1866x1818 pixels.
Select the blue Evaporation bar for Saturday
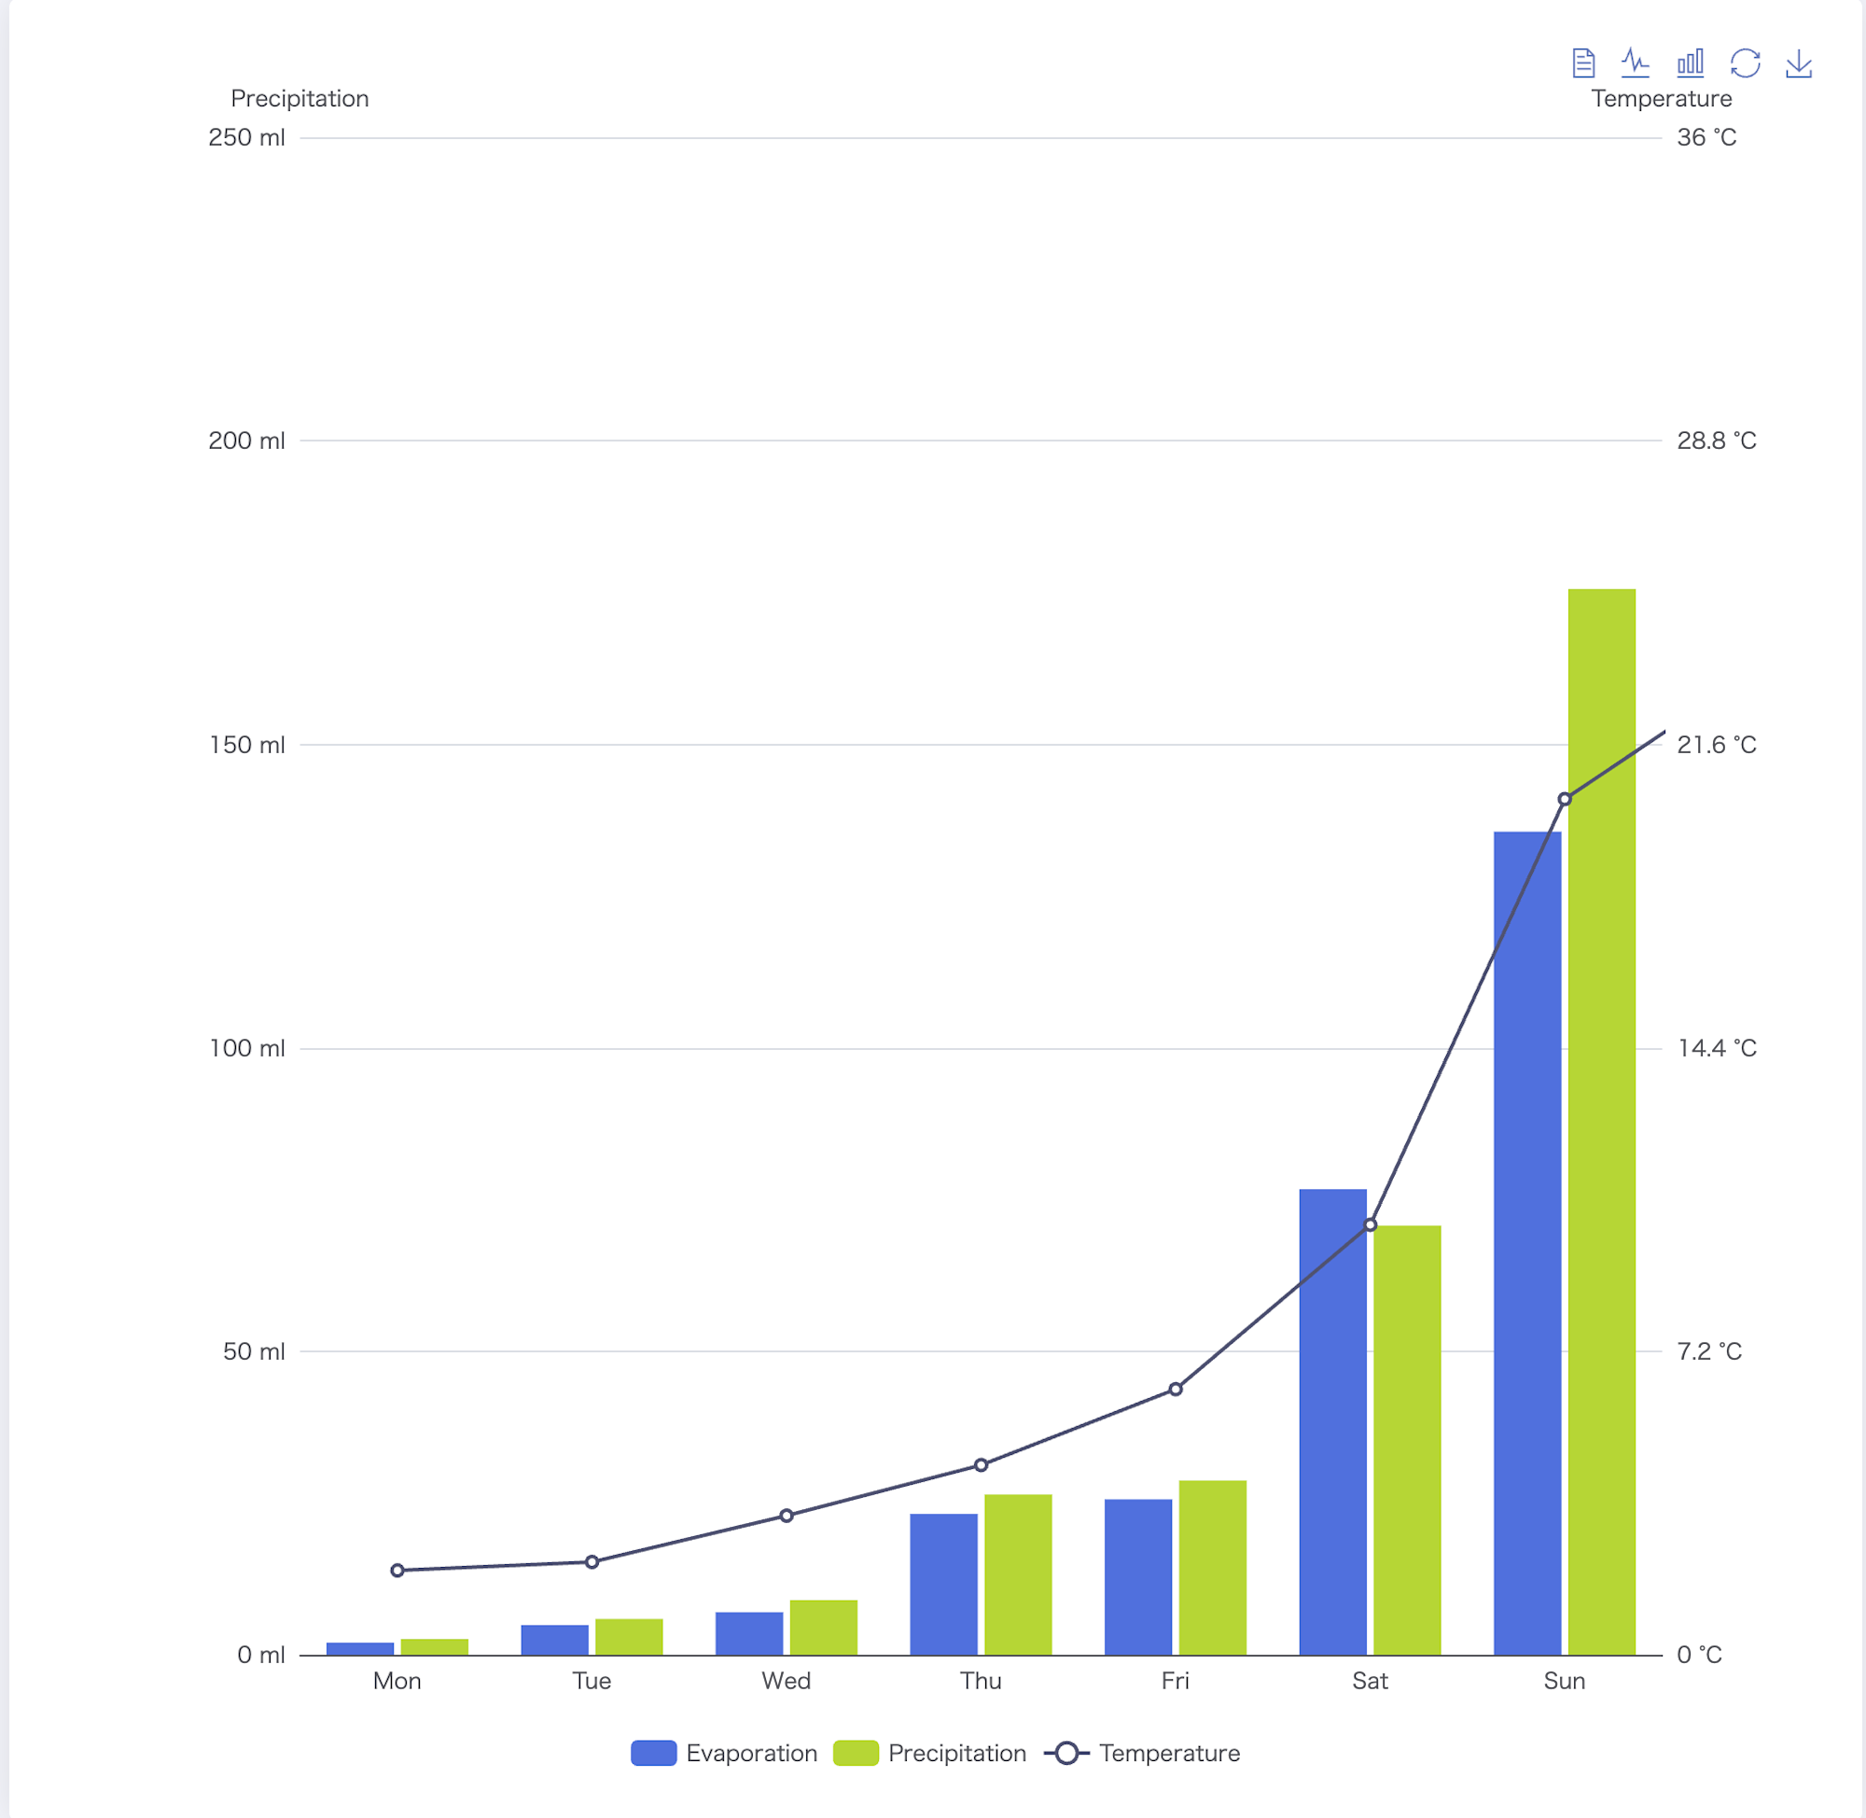tap(1332, 1422)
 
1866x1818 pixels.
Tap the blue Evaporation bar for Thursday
tap(943, 1584)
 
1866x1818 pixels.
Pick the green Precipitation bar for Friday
tap(1212, 1567)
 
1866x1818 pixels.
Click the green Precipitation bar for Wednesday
tap(823, 1627)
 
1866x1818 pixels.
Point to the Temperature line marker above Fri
tap(1175, 1390)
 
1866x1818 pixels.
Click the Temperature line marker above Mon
tap(397, 1571)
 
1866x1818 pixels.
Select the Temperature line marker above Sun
tap(1565, 799)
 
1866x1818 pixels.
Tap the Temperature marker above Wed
tap(787, 1516)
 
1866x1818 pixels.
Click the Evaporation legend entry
tap(724, 1753)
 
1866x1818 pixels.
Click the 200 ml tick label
tap(246, 441)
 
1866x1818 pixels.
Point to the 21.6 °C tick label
tap(1716, 745)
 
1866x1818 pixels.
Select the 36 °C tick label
tap(1706, 137)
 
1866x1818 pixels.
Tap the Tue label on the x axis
tap(592, 1682)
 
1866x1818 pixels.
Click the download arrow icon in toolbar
tap(1798, 64)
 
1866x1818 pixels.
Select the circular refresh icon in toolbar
tap(1745, 64)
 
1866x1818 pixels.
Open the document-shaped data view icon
tap(1583, 64)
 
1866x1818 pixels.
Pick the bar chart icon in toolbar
tap(1691, 64)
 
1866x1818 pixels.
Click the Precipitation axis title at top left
tap(299, 98)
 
